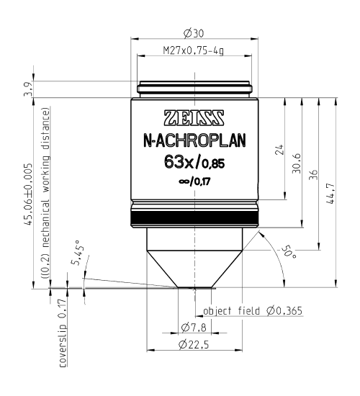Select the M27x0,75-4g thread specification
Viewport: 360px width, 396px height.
click(x=194, y=52)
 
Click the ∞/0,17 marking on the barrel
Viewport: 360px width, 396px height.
click(x=194, y=181)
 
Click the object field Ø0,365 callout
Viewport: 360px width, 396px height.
click(x=253, y=311)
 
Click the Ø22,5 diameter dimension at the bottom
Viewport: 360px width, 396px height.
click(x=194, y=346)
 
